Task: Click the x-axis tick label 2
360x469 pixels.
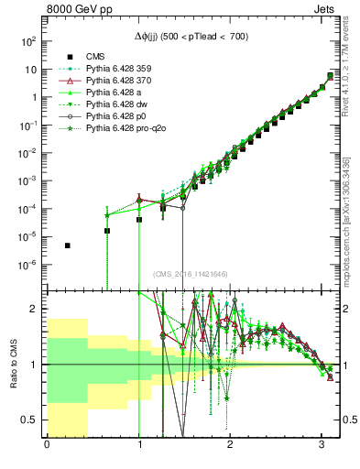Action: [231, 446]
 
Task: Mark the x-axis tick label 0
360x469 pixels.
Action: [47, 446]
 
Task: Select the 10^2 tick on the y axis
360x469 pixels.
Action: [29, 41]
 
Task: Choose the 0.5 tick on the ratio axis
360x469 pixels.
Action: [30, 420]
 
